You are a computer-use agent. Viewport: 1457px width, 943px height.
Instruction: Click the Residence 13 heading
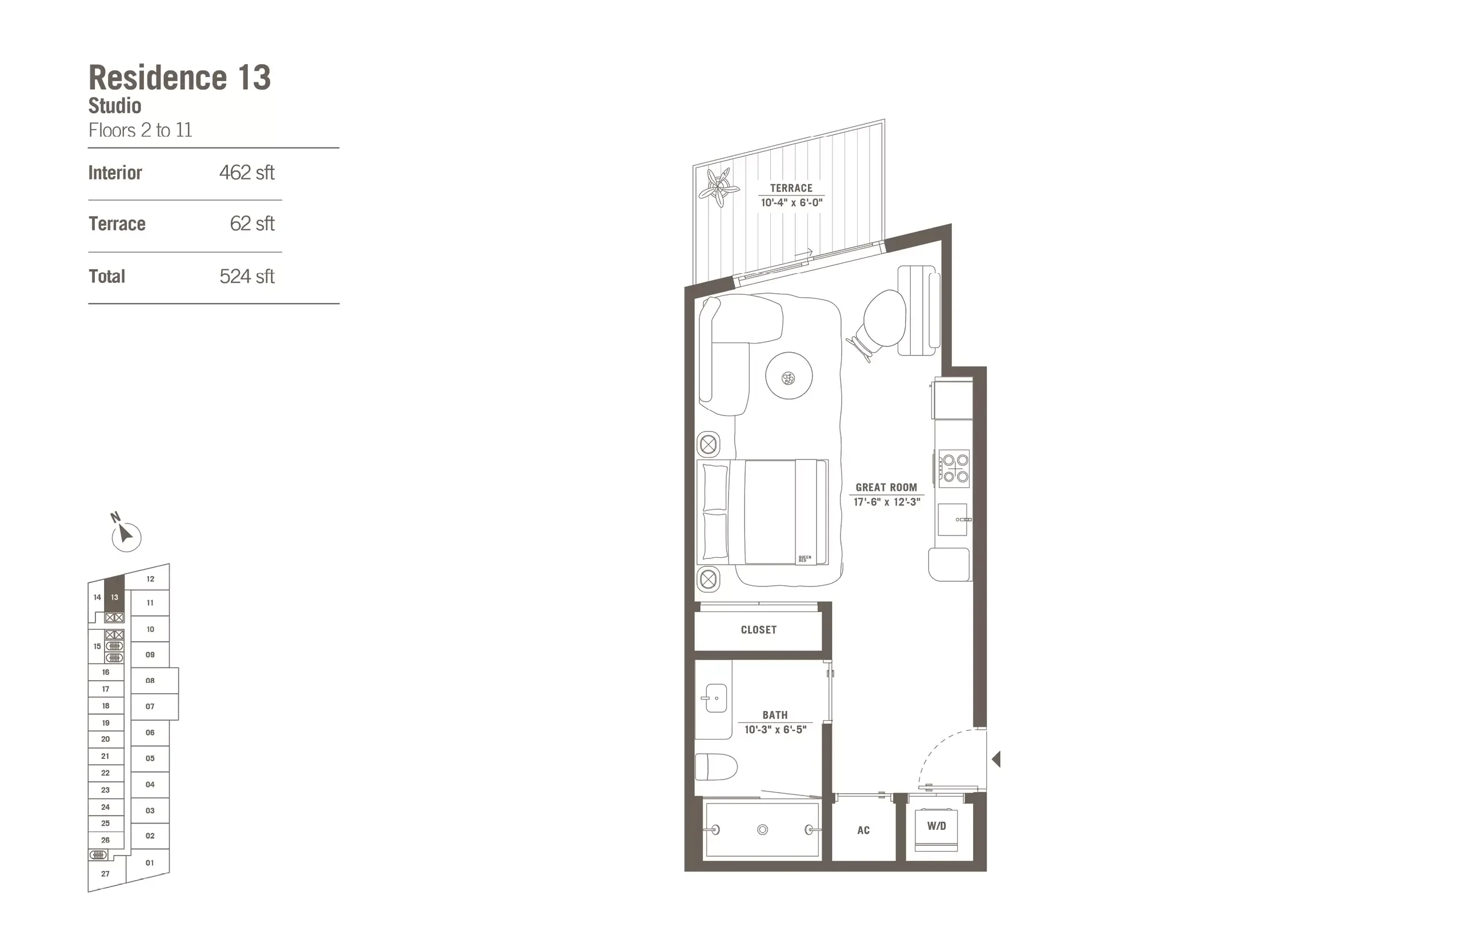click(x=179, y=78)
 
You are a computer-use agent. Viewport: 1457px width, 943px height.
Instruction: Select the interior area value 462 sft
click(x=247, y=173)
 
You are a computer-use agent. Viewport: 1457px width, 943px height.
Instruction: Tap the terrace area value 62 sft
click(x=251, y=223)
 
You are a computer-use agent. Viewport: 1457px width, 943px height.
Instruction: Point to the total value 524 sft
click(x=247, y=276)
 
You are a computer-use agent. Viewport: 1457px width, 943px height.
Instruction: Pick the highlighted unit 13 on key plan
click(x=114, y=597)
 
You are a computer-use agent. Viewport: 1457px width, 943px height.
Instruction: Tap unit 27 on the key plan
click(x=105, y=874)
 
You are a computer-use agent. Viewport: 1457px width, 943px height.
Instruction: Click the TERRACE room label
click(x=791, y=188)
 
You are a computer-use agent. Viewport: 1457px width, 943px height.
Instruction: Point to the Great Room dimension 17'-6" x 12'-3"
click(x=886, y=502)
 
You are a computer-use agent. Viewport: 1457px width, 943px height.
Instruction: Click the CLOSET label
click(x=759, y=629)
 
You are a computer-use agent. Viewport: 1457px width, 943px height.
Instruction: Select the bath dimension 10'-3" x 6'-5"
click(x=775, y=729)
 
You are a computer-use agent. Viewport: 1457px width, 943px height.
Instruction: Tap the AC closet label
click(x=863, y=830)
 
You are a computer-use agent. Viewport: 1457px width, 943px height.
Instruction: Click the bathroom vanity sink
click(x=715, y=698)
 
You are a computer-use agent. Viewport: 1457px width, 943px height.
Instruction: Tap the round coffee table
click(x=788, y=376)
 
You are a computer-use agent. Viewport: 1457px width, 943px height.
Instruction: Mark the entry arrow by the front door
click(x=996, y=760)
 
